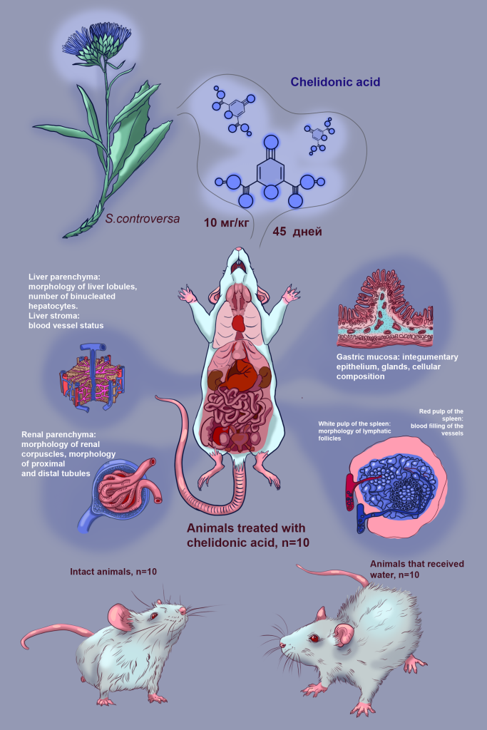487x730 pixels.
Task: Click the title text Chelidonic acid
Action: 335,82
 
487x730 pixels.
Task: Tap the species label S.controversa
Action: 143,218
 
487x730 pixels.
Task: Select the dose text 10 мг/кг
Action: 226,222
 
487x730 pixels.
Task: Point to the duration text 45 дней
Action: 297,232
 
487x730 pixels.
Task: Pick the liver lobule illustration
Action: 92,376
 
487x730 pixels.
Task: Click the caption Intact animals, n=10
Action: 113,571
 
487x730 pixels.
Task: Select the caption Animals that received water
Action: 417,569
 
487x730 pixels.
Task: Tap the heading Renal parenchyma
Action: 58,435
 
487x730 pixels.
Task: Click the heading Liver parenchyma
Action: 64,277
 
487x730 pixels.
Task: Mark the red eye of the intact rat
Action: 153,617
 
